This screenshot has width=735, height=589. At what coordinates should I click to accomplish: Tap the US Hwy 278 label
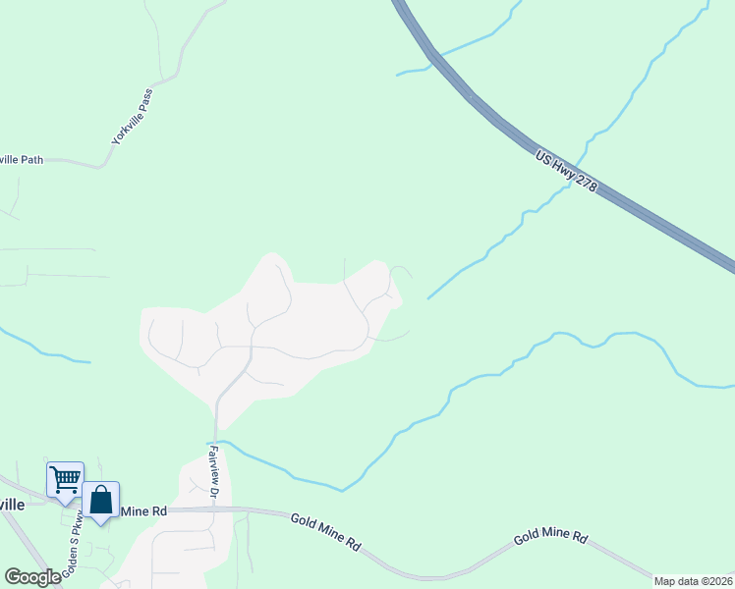coord(567,171)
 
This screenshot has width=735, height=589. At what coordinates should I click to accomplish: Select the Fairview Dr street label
coord(214,472)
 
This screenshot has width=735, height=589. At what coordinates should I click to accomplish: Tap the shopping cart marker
coord(65,480)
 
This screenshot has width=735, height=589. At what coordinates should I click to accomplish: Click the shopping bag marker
coord(100,500)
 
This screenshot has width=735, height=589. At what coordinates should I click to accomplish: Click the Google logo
coord(32,576)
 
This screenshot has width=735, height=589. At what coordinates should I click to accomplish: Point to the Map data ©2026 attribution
coord(693,581)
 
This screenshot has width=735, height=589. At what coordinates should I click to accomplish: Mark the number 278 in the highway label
coord(586,184)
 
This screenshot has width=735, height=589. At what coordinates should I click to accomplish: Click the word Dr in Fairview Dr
coord(213,491)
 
